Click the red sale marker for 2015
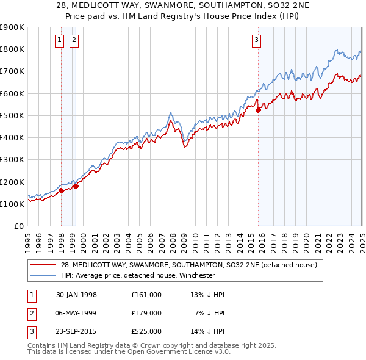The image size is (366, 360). pyautogui.click(x=258, y=110)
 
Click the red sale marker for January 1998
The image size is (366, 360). pyautogui.click(x=62, y=190)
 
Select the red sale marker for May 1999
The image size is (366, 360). pyautogui.click(x=76, y=186)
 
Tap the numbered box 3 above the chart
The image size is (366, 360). pyautogui.click(x=256, y=41)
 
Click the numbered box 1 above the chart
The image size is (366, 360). pyautogui.click(x=60, y=41)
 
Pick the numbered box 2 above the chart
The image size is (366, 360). pyautogui.click(x=74, y=41)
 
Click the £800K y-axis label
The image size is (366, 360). pyautogui.click(x=12, y=49)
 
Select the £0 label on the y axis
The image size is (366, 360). pyautogui.click(x=19, y=226)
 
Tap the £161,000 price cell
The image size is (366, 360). pyautogui.click(x=146, y=295)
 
